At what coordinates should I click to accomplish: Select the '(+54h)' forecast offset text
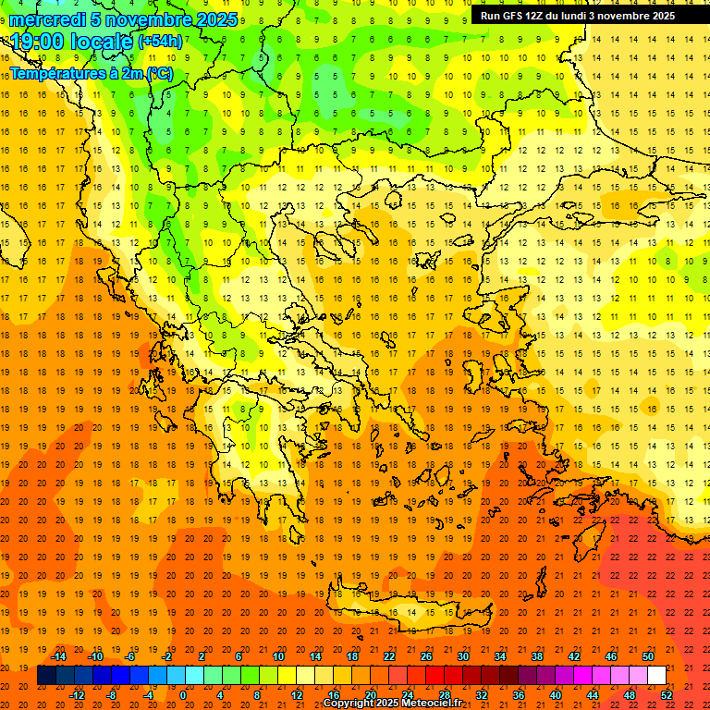tap(160, 42)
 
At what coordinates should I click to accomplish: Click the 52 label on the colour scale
tap(667, 694)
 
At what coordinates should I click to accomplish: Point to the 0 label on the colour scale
tap(183, 694)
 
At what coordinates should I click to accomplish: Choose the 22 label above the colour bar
tap(389, 655)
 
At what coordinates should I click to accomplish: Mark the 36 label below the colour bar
tap(519, 694)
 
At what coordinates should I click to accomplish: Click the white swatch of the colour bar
tap(656, 676)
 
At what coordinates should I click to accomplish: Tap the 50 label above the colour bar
tap(648, 655)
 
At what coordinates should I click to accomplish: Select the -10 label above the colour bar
tap(94, 655)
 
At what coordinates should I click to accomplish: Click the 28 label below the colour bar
tap(445, 694)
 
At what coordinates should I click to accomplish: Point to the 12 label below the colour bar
tap(297, 694)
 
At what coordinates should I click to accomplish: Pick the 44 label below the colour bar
tap(593, 694)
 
